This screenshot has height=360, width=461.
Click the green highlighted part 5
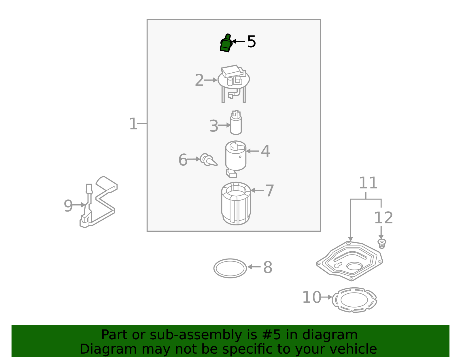pos(226,44)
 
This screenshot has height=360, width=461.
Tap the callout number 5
pos(251,42)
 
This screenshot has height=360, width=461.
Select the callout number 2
pos(199,80)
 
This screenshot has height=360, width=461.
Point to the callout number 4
pos(265,151)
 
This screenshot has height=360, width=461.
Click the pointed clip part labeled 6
pos(208,160)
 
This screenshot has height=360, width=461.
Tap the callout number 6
pos(183,160)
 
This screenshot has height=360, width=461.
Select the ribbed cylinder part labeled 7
pos(236,204)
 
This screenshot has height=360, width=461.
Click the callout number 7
pos(269,191)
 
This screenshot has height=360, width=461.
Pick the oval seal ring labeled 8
pos(230,268)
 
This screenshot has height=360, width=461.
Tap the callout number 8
pos(268,267)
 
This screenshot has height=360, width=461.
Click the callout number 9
pos(68,206)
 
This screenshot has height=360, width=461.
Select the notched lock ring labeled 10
pos(354,300)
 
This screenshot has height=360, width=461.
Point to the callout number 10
pos(311,297)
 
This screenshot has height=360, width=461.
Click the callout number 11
pos(368,183)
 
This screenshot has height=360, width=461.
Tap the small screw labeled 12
pos(382,243)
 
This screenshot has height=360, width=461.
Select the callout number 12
pos(383,218)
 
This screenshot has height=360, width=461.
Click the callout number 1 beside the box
pos(133,124)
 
